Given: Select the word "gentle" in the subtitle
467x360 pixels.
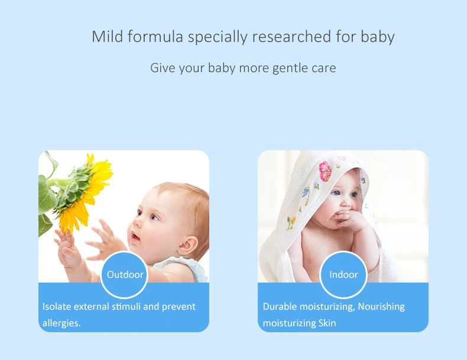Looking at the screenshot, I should pos(291,68).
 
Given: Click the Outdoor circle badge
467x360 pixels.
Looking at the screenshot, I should pos(125,274).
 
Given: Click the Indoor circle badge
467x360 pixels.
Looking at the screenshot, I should pos(343,274).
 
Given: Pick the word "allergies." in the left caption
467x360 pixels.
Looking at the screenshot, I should pos(61,323).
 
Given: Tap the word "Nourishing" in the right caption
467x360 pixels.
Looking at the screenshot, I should pos(381,306).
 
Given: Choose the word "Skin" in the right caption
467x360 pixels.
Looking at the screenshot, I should pos(326,323).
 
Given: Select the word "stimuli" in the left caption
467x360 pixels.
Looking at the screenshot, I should pos(126,306).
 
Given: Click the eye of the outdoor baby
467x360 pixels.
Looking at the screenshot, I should pos(154,217).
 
